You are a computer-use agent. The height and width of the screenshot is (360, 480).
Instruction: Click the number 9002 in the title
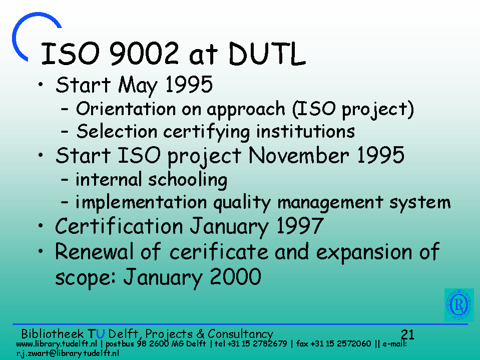(144, 54)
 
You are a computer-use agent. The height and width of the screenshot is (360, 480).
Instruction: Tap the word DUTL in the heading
(267, 54)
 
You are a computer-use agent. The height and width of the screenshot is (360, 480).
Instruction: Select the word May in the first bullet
(138, 85)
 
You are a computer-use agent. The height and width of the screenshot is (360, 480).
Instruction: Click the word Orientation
(126, 109)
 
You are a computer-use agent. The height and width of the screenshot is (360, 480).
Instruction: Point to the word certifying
(207, 132)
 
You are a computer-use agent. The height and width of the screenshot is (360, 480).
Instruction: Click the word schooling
(188, 180)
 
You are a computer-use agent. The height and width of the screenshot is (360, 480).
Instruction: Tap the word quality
(242, 203)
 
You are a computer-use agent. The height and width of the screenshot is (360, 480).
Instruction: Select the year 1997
(300, 226)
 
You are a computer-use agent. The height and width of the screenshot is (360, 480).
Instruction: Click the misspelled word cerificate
(219, 252)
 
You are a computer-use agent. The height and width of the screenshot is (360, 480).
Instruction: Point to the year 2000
(235, 276)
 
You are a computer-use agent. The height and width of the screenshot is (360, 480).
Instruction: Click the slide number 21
(407, 334)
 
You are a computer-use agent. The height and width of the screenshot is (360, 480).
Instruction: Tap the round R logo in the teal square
(459, 305)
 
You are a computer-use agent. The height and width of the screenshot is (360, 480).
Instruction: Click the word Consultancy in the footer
(240, 334)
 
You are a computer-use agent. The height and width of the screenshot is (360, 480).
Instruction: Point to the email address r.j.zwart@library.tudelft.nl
(68, 353)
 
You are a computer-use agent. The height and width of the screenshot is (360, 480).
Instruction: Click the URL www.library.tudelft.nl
(57, 343)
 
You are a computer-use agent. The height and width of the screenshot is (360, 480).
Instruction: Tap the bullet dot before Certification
(41, 226)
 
